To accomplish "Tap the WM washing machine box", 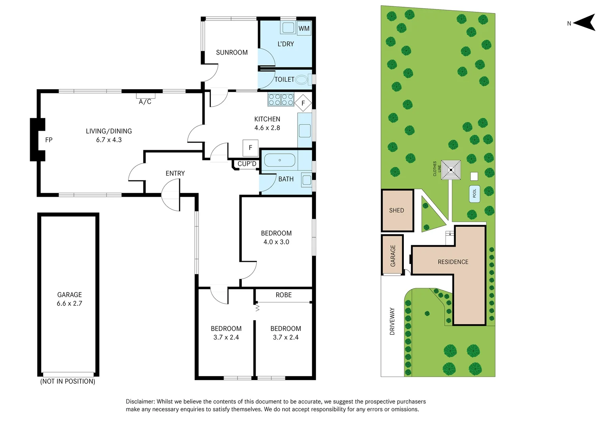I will (x=304, y=29).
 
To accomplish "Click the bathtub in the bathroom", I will (x=280, y=160).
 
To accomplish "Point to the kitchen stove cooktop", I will (x=281, y=99).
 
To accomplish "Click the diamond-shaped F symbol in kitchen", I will (x=303, y=103).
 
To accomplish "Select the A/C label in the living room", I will (x=145, y=102).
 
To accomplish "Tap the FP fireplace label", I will (x=49, y=140).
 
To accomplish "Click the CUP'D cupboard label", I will (x=247, y=164).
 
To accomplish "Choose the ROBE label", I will (x=284, y=295).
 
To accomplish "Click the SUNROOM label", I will (x=232, y=53).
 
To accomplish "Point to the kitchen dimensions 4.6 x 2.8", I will (x=267, y=128).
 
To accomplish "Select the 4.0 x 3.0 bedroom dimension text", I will (x=276, y=242).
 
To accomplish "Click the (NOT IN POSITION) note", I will (x=68, y=382).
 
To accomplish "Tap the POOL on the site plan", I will (x=474, y=194).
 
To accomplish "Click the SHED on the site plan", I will (x=397, y=210).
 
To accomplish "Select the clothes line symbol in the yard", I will (x=451, y=170).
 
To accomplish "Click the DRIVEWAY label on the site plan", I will (x=392, y=321).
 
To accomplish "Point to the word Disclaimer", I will (x=140, y=402).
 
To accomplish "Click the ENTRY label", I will (x=175, y=174).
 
